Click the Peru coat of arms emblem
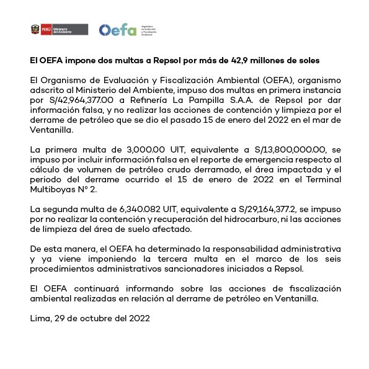point(35,30)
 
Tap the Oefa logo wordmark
point(118,30)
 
